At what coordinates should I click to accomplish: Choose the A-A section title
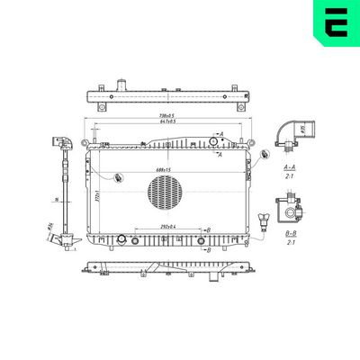coord(290,167)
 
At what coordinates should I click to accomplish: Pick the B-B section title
coord(291,233)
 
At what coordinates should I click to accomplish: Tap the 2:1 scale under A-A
coord(290,177)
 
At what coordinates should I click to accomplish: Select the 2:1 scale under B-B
coord(291,243)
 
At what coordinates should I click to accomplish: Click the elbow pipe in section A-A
coord(292,132)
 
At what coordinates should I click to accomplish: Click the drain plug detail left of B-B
coord(263,220)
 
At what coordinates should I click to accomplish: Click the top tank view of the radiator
coord(166,97)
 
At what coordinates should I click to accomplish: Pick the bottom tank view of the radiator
coord(166,268)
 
